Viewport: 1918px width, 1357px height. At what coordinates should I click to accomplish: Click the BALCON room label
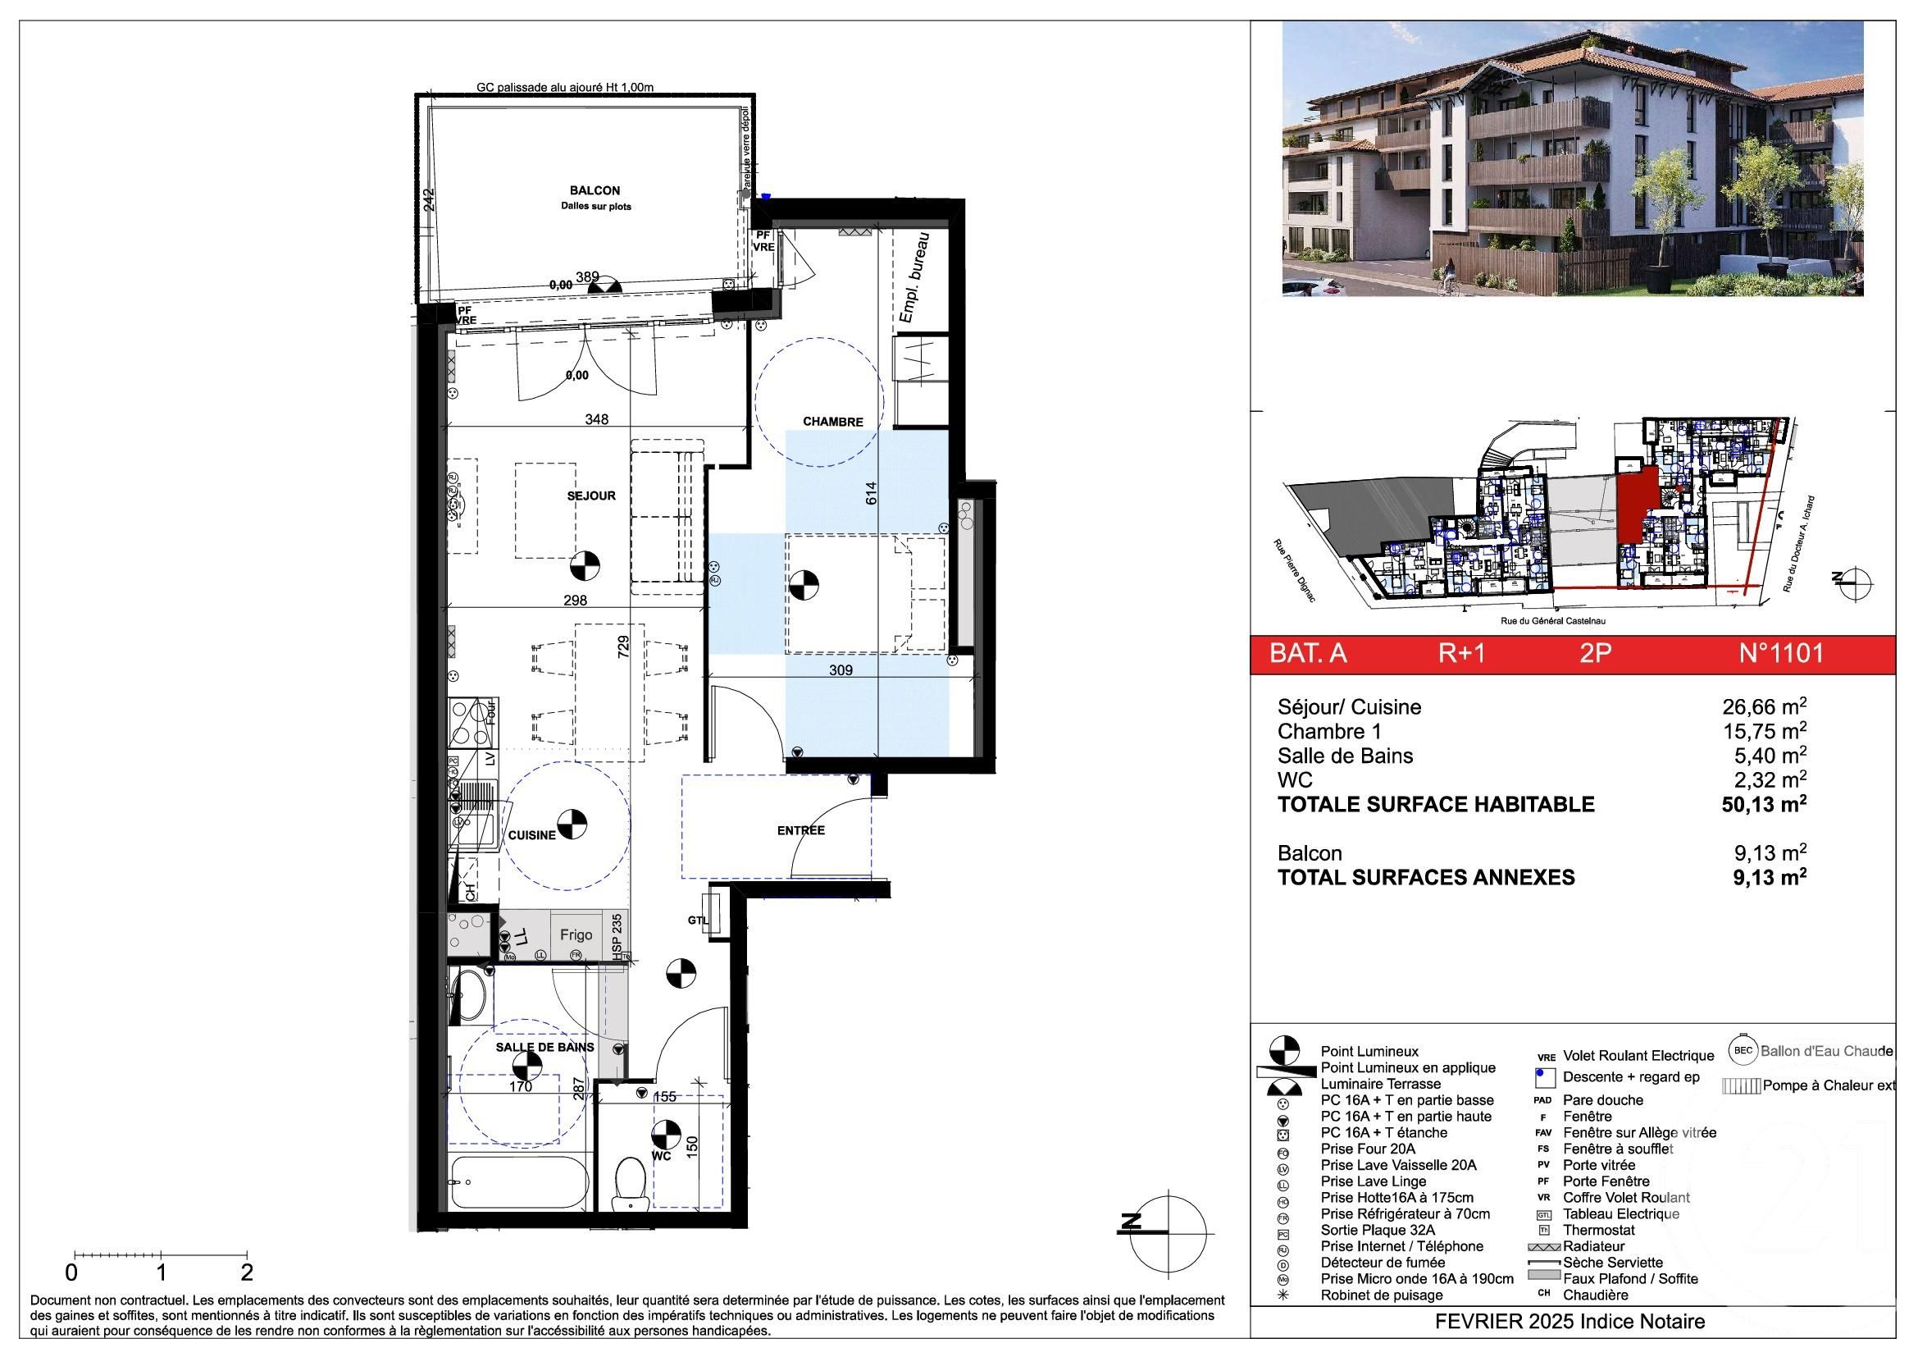[x=594, y=191]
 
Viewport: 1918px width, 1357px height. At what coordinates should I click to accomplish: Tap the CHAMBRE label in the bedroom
[x=832, y=422]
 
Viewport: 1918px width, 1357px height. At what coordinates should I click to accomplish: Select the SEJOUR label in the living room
[x=590, y=496]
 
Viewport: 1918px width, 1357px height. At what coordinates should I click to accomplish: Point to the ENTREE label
[x=800, y=830]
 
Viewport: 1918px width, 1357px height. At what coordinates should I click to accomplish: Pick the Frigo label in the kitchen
[x=576, y=935]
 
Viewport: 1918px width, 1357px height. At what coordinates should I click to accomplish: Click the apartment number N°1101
[x=1781, y=652]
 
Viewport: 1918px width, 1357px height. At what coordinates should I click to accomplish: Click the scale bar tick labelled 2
[x=247, y=1273]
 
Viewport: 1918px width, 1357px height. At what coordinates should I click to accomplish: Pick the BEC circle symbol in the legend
[x=1742, y=1051]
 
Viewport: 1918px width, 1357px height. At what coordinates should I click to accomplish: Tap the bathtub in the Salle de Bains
[x=517, y=1182]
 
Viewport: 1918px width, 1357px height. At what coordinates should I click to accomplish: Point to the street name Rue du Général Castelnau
[x=1553, y=622]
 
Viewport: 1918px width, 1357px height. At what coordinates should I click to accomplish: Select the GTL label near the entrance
[x=698, y=920]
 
